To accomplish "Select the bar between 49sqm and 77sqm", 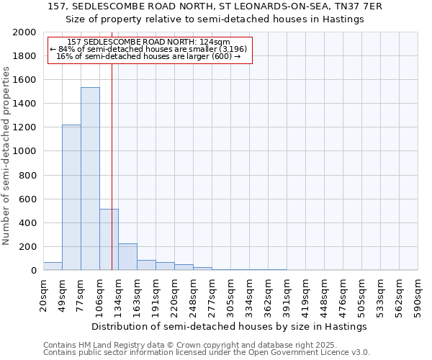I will pos(71,197).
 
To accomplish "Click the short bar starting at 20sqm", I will pos(53,266).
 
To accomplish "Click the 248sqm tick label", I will pos(194,293).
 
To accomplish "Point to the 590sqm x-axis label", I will pos(418,293).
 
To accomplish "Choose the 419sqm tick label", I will pos(306,293).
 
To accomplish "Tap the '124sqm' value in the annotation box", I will pos(216,42).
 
